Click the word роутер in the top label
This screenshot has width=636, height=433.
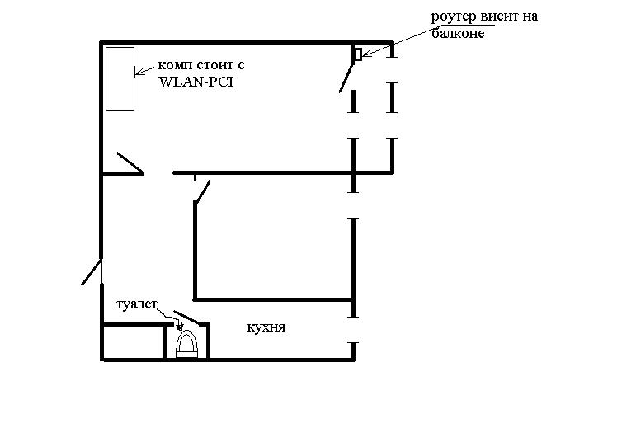pyautogui.click(x=454, y=17)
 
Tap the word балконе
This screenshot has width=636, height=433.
pyautogui.click(x=458, y=33)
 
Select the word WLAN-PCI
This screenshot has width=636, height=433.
pyautogui.click(x=196, y=82)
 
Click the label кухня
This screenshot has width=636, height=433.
pyautogui.click(x=266, y=327)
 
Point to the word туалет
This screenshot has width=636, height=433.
pyautogui.click(x=137, y=304)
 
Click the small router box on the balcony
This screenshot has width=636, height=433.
pyautogui.click(x=358, y=54)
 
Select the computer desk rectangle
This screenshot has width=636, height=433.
pyautogui.click(x=120, y=78)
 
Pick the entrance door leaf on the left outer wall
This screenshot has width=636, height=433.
pyautogui.click(x=92, y=271)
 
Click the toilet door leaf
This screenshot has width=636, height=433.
pyautogui.click(x=187, y=318)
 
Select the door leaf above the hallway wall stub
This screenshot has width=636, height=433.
pyautogui.click(x=130, y=162)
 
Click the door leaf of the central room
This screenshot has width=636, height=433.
pyautogui.click(x=202, y=191)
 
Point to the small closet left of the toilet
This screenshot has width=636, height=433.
pyautogui.click(x=134, y=341)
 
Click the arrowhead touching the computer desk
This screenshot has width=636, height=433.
pyautogui.click(x=139, y=72)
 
